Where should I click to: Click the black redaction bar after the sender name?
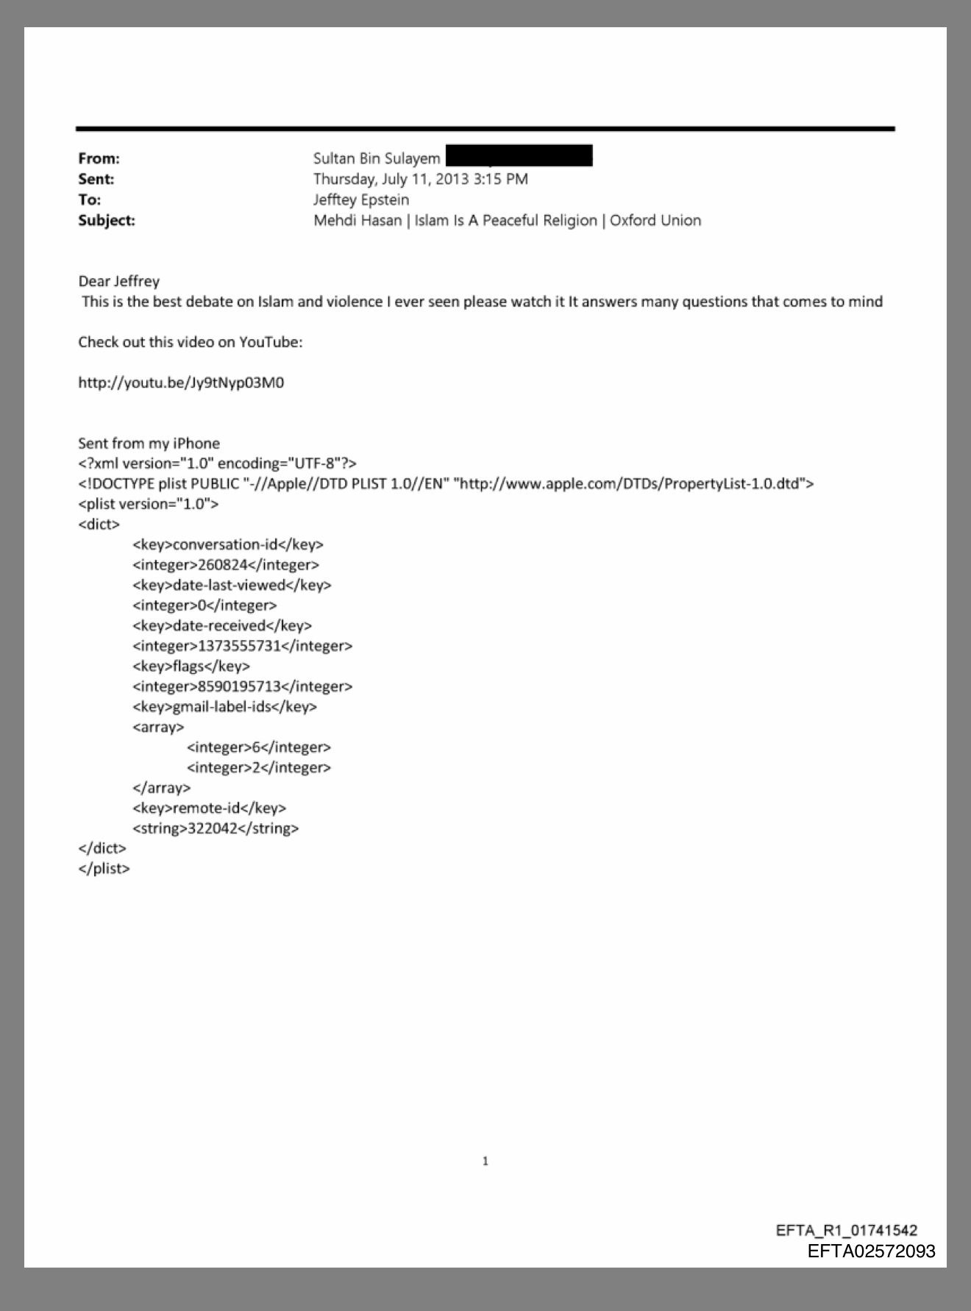pos(519,157)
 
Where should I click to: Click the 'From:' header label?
pos(99,159)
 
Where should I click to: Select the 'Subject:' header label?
pos(107,221)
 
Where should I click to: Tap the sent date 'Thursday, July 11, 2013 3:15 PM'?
pos(420,179)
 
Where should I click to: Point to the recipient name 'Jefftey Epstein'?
pos(361,200)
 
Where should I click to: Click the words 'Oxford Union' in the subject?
pos(655,221)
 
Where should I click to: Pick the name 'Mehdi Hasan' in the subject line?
pos(358,221)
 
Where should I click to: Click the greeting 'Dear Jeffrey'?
pos(118,281)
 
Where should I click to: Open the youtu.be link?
pos(181,383)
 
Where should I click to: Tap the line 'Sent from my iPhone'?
pos(149,444)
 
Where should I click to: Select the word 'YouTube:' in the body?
pos(271,342)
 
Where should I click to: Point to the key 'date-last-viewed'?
pos(229,586)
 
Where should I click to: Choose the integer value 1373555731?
pos(240,646)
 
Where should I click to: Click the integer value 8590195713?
pos(240,686)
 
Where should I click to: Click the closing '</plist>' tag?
pos(104,869)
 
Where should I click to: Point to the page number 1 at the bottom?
pos(485,1162)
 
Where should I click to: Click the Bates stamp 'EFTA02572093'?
pos(871,1251)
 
